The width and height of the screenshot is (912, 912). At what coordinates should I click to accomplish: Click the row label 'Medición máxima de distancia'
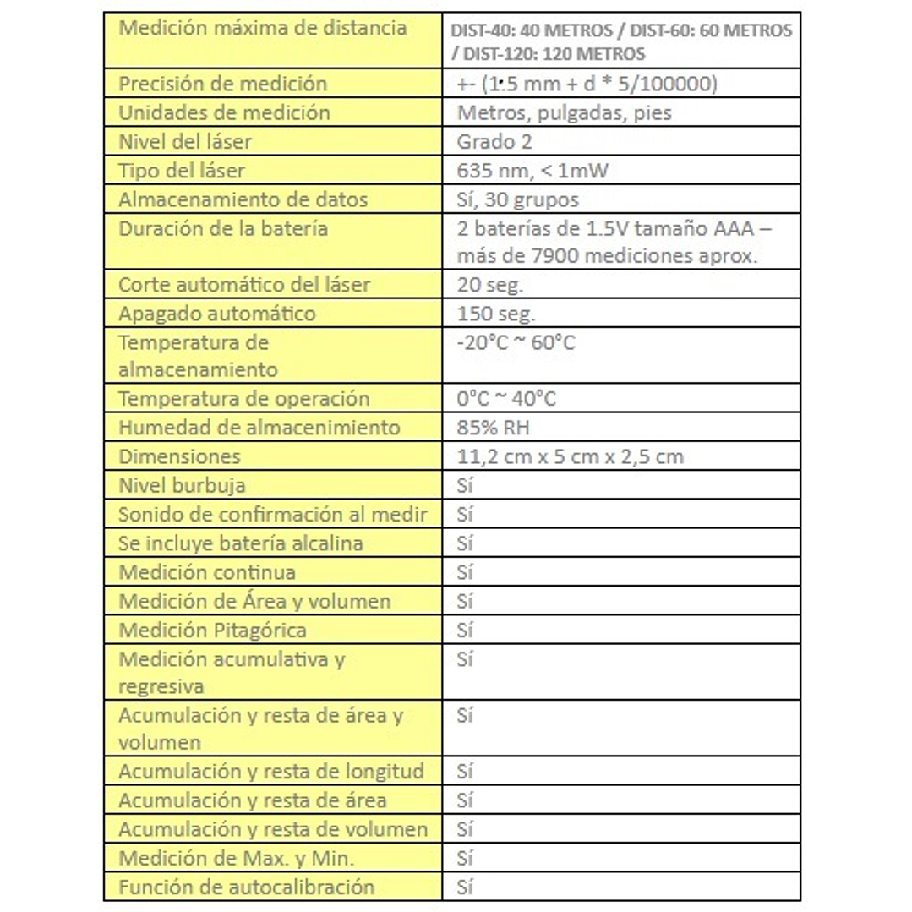262,28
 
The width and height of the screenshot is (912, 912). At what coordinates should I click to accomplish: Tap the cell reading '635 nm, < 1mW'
532,171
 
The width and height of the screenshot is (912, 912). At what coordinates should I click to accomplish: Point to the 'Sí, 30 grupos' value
517,199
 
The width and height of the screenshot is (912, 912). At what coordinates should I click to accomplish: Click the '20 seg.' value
490,285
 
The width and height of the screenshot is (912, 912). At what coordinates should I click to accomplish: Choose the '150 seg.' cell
496,314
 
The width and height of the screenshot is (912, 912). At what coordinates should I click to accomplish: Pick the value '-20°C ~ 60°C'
516,343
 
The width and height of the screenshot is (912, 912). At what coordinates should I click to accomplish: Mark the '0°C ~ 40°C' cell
506,399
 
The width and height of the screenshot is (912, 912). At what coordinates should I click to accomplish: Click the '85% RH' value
493,428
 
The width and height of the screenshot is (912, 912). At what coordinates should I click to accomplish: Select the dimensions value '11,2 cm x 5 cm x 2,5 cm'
570,457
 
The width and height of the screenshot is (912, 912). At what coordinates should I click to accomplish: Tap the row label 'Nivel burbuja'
182,486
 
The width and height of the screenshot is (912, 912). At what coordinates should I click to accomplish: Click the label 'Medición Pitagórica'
212,631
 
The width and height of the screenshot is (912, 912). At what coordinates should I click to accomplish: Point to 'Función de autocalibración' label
246,887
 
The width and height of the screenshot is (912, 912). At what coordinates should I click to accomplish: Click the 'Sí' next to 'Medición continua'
465,573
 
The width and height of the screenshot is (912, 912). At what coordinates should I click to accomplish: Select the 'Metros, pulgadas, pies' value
564,112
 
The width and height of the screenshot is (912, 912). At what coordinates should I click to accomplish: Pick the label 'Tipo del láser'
182,171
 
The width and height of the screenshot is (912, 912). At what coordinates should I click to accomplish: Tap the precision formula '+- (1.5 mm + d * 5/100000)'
587,84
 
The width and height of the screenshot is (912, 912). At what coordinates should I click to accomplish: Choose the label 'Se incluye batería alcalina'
241,543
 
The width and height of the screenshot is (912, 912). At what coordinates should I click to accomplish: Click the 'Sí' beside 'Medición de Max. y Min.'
465,859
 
